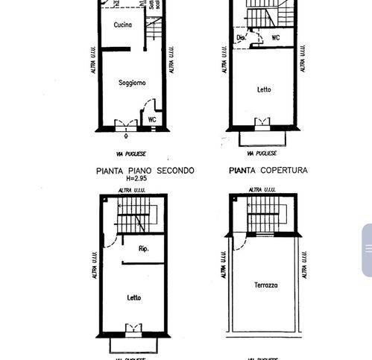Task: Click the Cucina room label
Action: tap(123, 25)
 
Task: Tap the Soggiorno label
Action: tap(132, 82)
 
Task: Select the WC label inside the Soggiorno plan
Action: tap(152, 119)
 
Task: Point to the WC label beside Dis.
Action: tap(275, 37)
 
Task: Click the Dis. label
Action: tap(241, 37)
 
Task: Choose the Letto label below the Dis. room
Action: tap(264, 89)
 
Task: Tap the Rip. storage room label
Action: tap(144, 248)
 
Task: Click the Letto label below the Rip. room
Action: tap(133, 297)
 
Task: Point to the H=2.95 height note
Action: tap(137, 179)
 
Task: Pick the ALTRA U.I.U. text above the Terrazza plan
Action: tap(262, 189)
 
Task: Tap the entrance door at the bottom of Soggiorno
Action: tap(126, 126)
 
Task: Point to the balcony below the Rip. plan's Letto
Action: tap(133, 345)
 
